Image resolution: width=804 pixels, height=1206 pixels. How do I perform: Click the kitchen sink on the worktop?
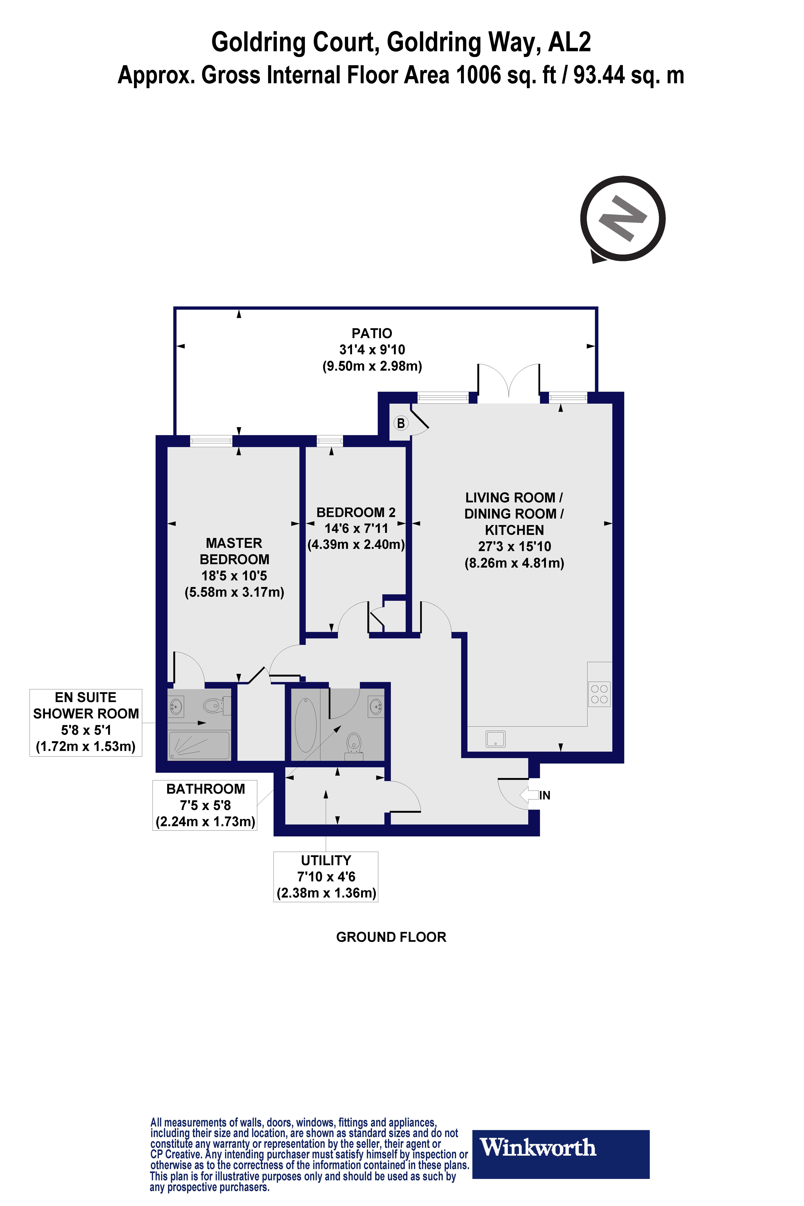pyautogui.click(x=495, y=739)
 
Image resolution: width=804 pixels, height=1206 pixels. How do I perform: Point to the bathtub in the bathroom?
pyautogui.click(x=306, y=725)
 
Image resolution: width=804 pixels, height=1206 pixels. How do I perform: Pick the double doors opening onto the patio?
pyautogui.click(x=509, y=382)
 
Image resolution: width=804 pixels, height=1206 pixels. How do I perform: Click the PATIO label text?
pyautogui.click(x=372, y=333)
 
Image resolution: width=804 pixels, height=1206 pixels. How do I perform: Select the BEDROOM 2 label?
pyautogui.click(x=356, y=512)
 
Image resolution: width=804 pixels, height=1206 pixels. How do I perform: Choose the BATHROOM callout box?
pyautogui.click(x=205, y=805)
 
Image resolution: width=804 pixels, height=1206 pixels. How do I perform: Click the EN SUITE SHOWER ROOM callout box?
pyautogui.click(x=86, y=722)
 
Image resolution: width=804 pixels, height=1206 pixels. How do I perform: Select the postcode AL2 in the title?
pyautogui.click(x=569, y=42)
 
